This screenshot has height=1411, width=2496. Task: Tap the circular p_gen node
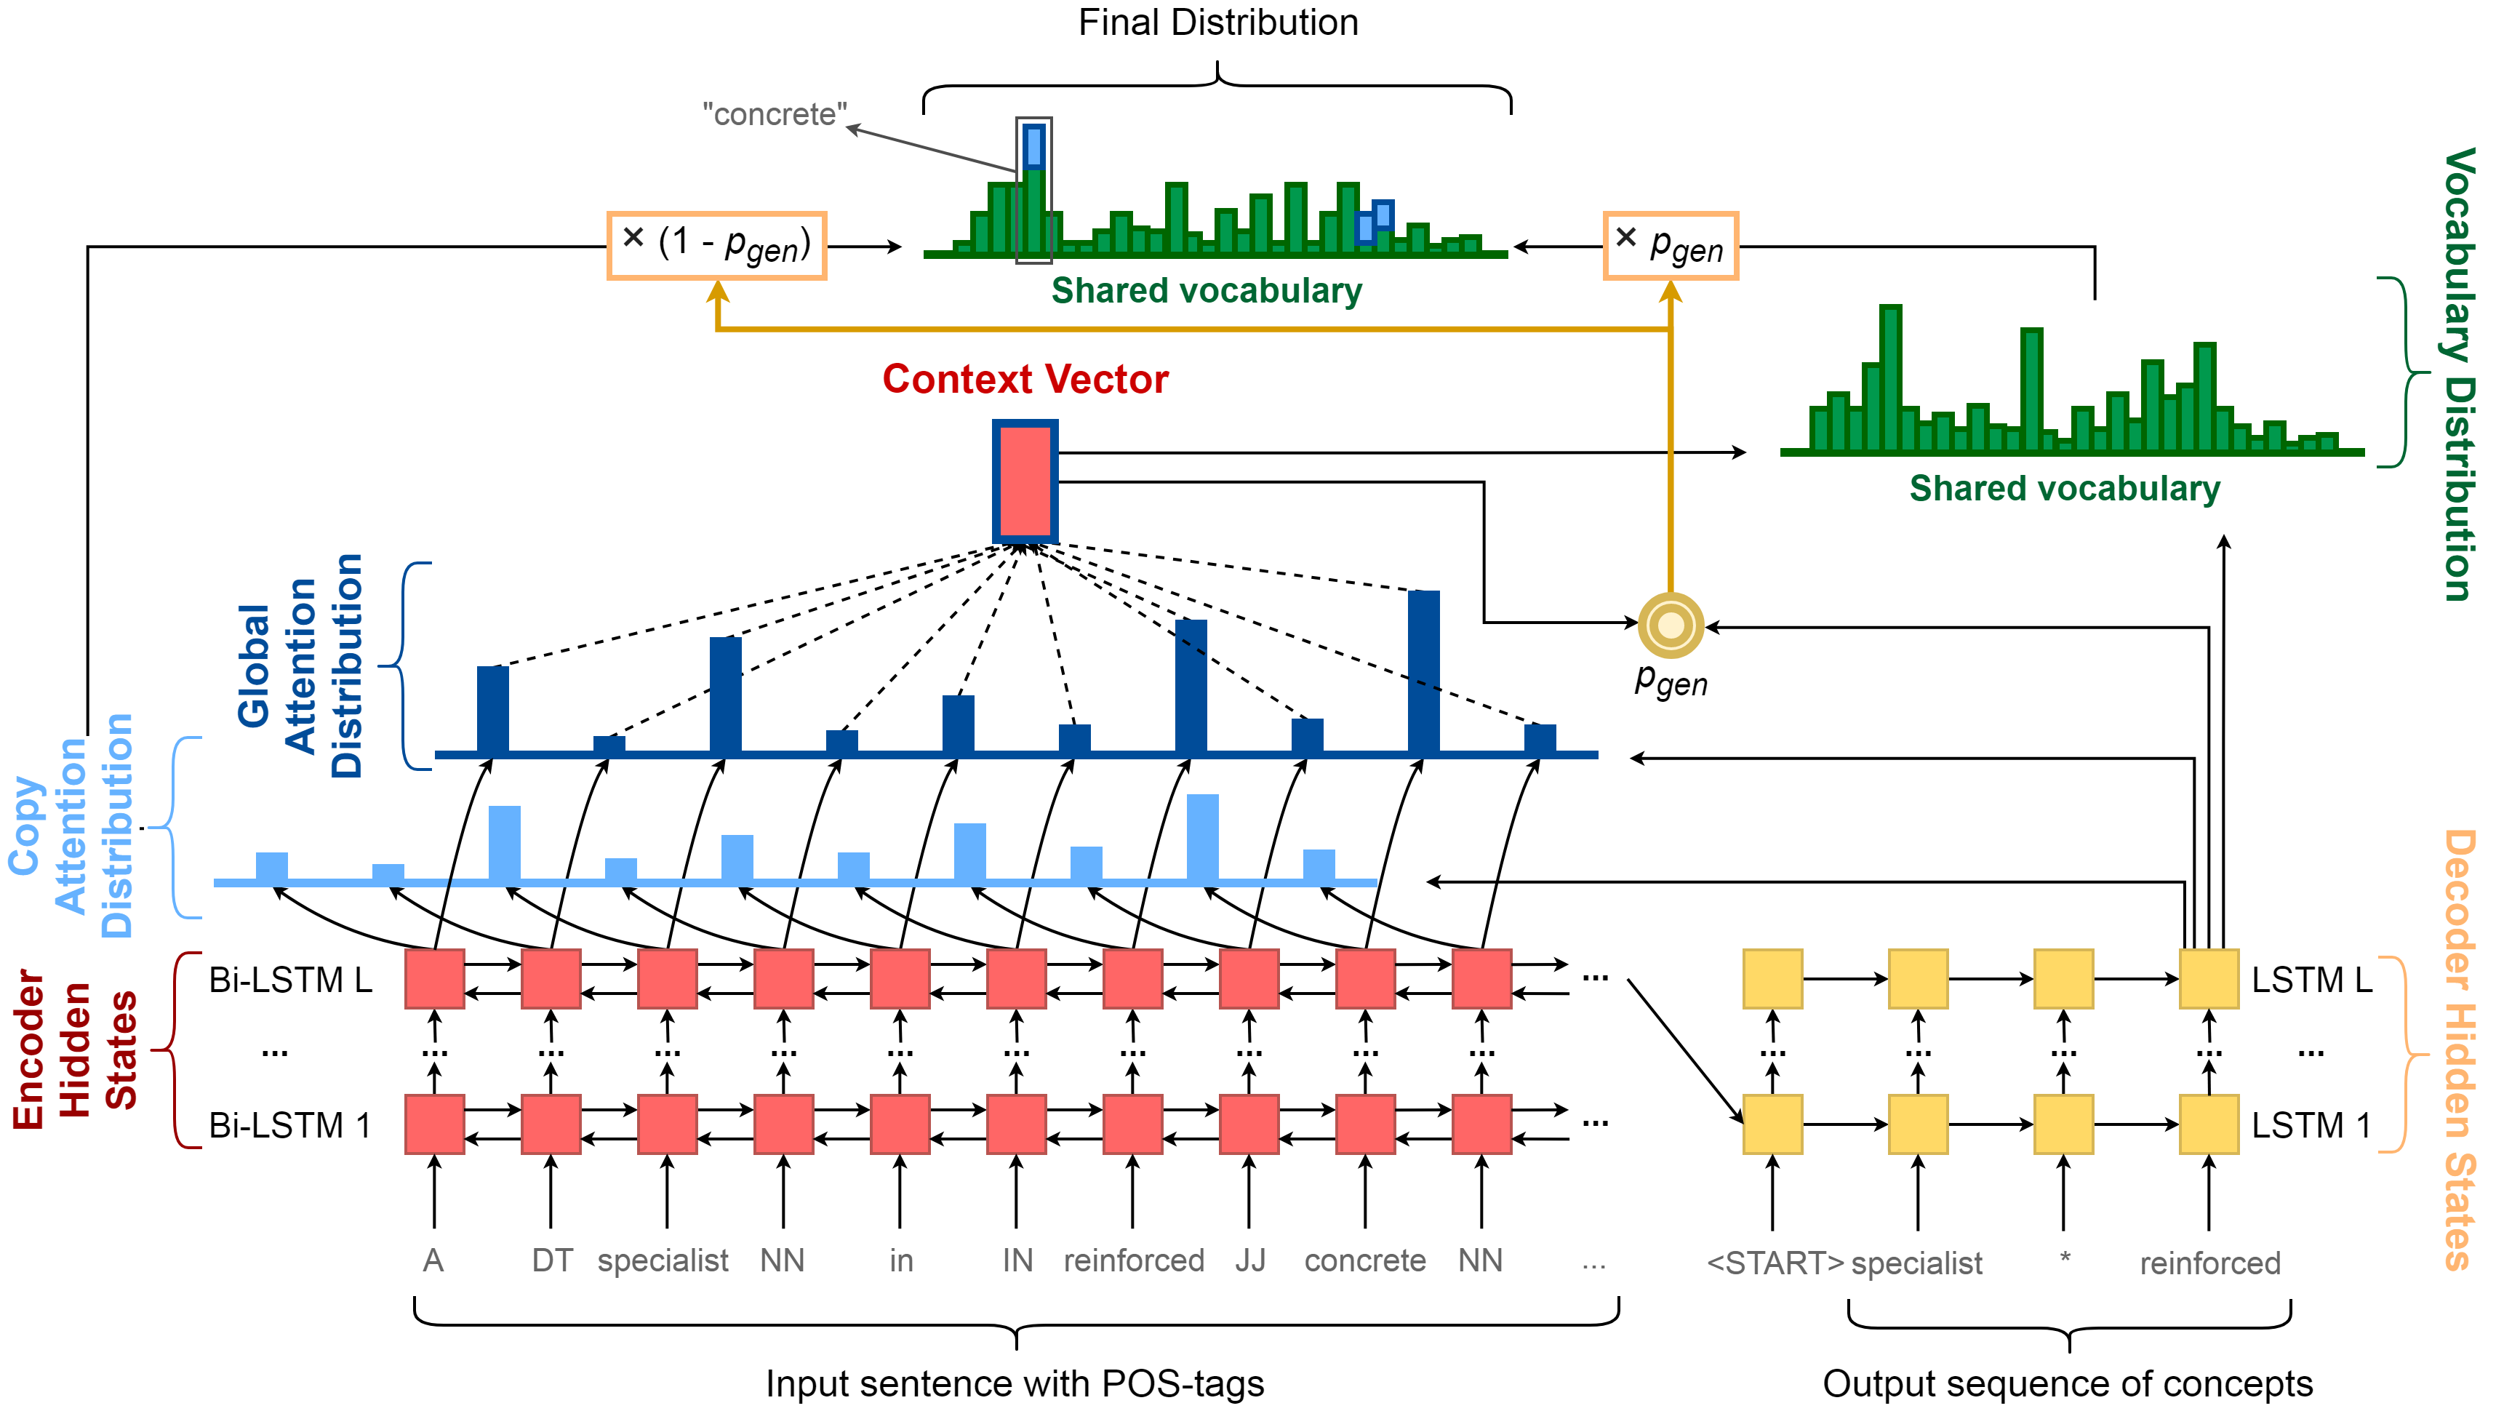coord(1671,625)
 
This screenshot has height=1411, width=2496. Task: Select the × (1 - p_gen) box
coord(717,246)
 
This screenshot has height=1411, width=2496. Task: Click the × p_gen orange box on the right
coord(1671,246)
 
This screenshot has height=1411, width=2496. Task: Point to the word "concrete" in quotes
coord(775,114)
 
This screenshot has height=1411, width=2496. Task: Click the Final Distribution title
coord(1218,23)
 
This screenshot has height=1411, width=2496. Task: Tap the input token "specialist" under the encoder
coord(663,1260)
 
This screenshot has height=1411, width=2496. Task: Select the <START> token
coord(1775,1263)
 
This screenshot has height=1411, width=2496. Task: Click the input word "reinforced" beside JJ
coord(1134,1260)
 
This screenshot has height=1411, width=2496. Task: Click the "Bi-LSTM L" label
coord(291,980)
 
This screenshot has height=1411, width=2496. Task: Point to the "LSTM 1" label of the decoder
coord(2312,1125)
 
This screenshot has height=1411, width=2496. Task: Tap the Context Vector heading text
coord(1025,379)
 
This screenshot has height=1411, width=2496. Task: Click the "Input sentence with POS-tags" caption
coord(1015,1384)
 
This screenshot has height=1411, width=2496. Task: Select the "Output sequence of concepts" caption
coord(2068,1384)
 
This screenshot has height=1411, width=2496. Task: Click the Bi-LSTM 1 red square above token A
coord(434,1124)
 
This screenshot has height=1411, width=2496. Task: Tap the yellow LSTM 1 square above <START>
coord(1772,1124)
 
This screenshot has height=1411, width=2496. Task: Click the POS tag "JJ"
coord(1250,1260)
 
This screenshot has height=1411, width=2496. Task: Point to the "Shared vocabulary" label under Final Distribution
coord(1207,291)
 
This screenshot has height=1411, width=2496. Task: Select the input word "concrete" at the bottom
coord(1365,1260)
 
